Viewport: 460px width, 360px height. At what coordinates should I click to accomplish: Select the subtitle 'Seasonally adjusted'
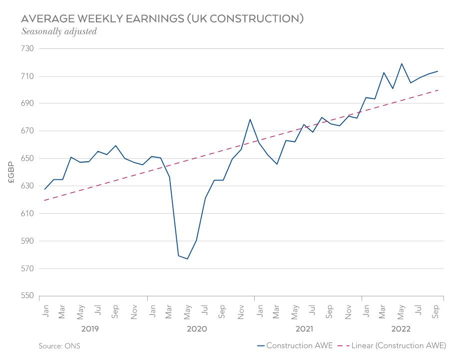[x=59, y=31]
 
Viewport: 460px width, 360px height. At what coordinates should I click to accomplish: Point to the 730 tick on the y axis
[x=26, y=49]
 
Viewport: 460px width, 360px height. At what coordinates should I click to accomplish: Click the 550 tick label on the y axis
[x=26, y=296]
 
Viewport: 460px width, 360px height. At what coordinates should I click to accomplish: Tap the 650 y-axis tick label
[x=26, y=159]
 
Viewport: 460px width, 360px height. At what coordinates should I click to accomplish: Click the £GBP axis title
[x=11, y=172]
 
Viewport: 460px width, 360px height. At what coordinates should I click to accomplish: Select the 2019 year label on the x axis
[x=90, y=329]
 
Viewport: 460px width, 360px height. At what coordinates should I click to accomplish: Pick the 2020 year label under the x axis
[x=197, y=329]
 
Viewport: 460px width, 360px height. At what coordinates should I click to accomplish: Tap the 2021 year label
[x=304, y=329]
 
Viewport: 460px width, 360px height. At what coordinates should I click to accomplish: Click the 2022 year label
[x=401, y=329]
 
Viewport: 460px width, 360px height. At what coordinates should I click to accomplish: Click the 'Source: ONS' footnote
[x=59, y=346]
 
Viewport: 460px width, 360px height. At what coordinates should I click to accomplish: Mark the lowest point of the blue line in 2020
[x=187, y=259]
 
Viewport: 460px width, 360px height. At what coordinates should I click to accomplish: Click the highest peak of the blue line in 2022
[x=402, y=63]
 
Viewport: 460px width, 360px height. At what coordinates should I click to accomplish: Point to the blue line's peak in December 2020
[x=250, y=119]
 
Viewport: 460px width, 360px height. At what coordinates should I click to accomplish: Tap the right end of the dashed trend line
[x=439, y=90]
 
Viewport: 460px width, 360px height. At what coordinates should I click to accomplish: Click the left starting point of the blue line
[x=45, y=189]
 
